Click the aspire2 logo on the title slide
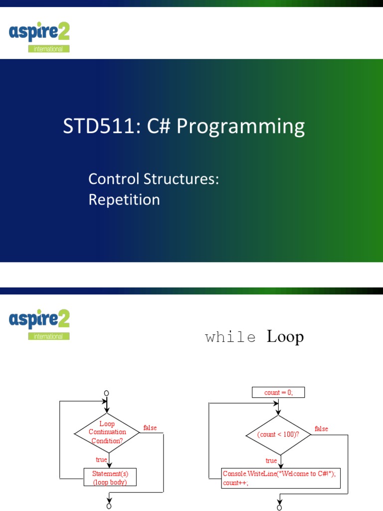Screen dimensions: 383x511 [x=39, y=37]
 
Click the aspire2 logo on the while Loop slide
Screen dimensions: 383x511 [x=39, y=324]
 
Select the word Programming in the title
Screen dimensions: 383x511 [x=241, y=126]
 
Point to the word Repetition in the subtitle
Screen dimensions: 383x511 [x=124, y=200]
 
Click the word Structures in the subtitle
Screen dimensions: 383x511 [x=181, y=179]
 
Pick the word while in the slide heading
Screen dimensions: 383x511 [x=230, y=337]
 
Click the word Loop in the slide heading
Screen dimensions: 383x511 [x=285, y=336]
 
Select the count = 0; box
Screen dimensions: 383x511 [x=278, y=392]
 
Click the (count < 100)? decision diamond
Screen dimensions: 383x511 [x=278, y=435]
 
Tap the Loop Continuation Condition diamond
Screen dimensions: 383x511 [x=107, y=433]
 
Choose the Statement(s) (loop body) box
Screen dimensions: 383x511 [x=110, y=478]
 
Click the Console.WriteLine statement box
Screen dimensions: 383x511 [x=281, y=479]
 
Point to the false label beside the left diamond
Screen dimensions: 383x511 [x=150, y=428]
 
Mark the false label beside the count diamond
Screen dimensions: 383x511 [x=321, y=429]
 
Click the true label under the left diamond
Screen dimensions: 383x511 [x=101, y=460]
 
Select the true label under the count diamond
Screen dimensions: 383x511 [x=271, y=461]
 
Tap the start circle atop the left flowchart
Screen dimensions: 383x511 [x=106, y=393]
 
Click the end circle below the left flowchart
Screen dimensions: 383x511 [x=109, y=506]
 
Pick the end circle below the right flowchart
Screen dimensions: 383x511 [x=279, y=508]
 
